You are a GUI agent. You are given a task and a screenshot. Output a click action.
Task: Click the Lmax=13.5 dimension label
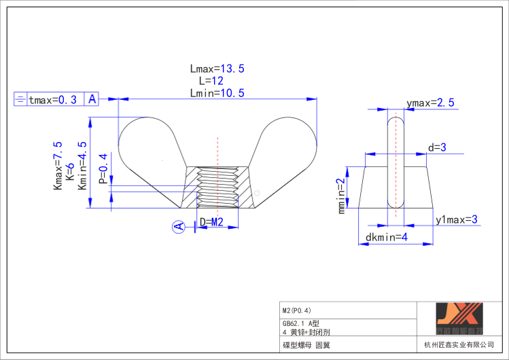pyautogui.click(x=217, y=69)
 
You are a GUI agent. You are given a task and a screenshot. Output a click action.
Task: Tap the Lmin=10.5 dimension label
pyautogui.click(x=217, y=92)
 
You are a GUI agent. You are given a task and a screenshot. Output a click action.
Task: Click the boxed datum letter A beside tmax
pyautogui.click(x=92, y=99)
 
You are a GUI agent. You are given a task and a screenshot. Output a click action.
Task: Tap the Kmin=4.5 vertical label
pyautogui.click(x=82, y=166)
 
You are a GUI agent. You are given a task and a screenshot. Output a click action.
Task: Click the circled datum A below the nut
pyautogui.click(x=179, y=227)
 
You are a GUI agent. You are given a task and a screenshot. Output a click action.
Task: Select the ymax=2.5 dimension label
pyautogui.click(x=430, y=103)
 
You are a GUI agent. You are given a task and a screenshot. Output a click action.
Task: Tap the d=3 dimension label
pyautogui.click(x=436, y=147)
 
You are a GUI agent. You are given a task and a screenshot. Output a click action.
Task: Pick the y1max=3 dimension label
pyautogui.click(x=457, y=219)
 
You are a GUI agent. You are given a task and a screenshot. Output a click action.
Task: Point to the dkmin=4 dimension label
pyautogui.click(x=386, y=237)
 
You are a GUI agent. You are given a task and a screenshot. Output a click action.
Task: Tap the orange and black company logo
pyautogui.click(x=459, y=319)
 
